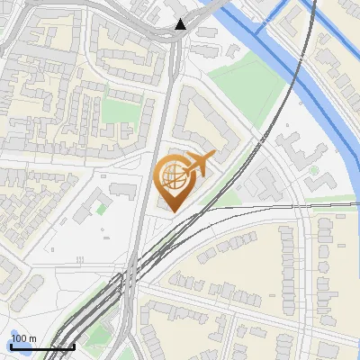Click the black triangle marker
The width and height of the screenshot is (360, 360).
point(182,23)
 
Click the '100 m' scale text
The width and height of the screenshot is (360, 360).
point(23,338)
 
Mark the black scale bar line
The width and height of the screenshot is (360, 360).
point(41,346)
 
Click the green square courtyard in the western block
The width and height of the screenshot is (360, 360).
point(118,110)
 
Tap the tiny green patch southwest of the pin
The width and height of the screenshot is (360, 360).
point(100,209)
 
